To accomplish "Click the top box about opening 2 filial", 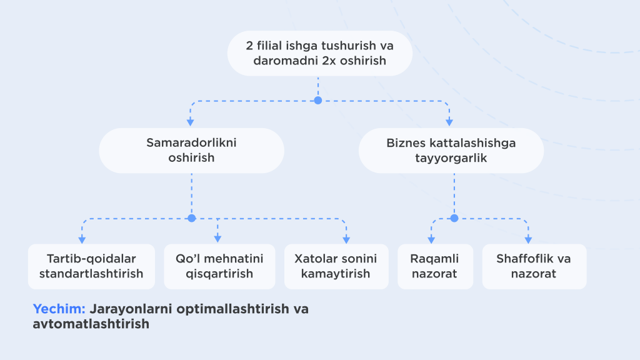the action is [319, 53].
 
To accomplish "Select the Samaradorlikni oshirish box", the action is [191, 150].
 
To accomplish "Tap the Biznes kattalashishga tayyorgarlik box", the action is [451, 150].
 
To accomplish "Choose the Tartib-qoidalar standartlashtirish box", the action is [91, 266].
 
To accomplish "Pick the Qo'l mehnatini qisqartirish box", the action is [219, 266].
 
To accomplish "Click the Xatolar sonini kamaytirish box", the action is [336, 266].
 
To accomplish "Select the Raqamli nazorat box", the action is [435, 266].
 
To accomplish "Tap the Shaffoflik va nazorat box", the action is [534, 266].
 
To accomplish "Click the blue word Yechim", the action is [59, 309].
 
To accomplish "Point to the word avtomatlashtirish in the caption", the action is [91, 324].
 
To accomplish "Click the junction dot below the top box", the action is [318, 101].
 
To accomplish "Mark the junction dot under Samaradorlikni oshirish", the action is [191, 218].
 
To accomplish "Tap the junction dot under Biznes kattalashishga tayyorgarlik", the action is [454, 218].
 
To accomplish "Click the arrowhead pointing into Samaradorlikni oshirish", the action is [190, 122].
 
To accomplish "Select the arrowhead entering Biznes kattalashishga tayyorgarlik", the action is [449, 122].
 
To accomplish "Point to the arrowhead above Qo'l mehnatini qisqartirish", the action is [217, 239].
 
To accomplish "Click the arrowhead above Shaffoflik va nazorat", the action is [528, 239].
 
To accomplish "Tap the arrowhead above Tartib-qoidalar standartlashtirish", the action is [82, 239].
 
